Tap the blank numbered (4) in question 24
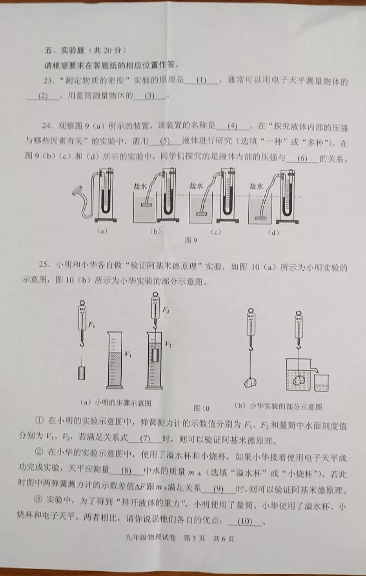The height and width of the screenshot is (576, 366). tap(232, 126)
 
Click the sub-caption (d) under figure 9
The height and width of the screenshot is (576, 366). tap(273, 232)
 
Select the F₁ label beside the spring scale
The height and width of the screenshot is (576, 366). tap(91, 325)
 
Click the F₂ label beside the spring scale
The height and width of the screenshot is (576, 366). tap(165, 310)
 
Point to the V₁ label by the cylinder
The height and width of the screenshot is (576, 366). tap(128, 354)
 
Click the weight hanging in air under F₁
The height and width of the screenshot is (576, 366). tap(81, 373)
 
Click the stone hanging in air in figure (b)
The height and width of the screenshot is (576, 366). tap(250, 382)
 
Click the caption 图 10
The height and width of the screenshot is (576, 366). tap(201, 408)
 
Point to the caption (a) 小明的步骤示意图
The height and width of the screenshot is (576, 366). tap(116, 403)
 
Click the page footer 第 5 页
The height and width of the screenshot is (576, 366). tap(194, 538)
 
